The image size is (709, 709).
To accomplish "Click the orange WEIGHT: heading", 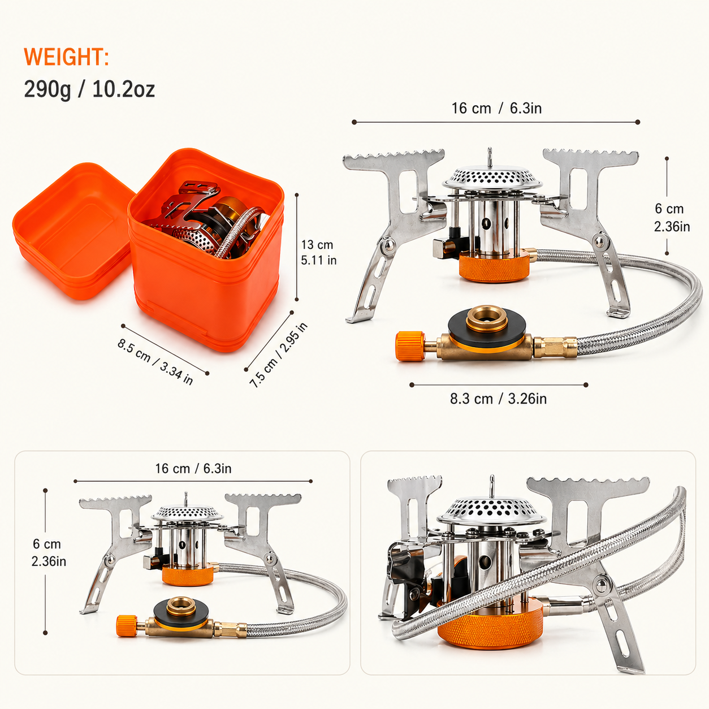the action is [x=66, y=57].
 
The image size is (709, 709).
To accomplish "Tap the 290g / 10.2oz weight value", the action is [x=89, y=89].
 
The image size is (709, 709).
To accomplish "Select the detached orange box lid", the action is [x=74, y=231].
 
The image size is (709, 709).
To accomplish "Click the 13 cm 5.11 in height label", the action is [x=318, y=252].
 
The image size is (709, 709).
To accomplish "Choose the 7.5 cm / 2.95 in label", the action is [x=279, y=355].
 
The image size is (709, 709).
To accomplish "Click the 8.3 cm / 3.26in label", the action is [x=498, y=399].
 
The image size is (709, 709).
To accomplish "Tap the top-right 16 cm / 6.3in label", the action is [x=496, y=108].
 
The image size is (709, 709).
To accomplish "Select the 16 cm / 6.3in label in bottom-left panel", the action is [x=193, y=468].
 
